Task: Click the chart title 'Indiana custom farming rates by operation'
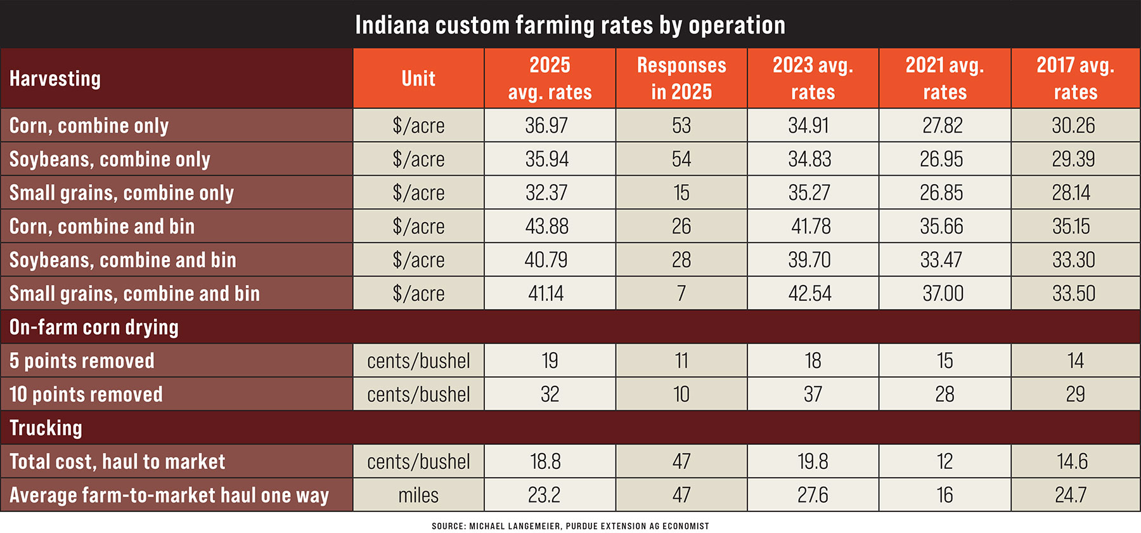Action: click(x=570, y=25)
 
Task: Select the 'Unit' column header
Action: click(x=418, y=79)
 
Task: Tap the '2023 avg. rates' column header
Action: click(x=813, y=79)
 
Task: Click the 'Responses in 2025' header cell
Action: click(x=681, y=79)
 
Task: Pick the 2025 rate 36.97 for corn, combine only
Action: click(x=546, y=126)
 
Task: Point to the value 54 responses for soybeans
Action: click(x=681, y=159)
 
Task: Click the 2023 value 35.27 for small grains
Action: click(x=809, y=193)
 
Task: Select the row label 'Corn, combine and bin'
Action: click(x=102, y=227)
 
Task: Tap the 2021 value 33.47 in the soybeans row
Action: click(x=941, y=260)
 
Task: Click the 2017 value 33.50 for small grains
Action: click(x=1073, y=294)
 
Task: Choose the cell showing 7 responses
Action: click(x=681, y=294)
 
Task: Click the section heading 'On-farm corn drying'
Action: click(x=94, y=327)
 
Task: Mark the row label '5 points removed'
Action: click(x=82, y=361)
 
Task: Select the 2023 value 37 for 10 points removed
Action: click(x=813, y=395)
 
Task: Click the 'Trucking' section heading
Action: click(x=46, y=428)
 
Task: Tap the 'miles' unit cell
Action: click(x=418, y=496)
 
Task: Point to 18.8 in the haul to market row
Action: click(x=546, y=462)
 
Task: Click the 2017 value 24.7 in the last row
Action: click(x=1071, y=496)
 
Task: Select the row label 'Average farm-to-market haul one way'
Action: click(x=169, y=496)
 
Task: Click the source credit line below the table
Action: click(x=570, y=526)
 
